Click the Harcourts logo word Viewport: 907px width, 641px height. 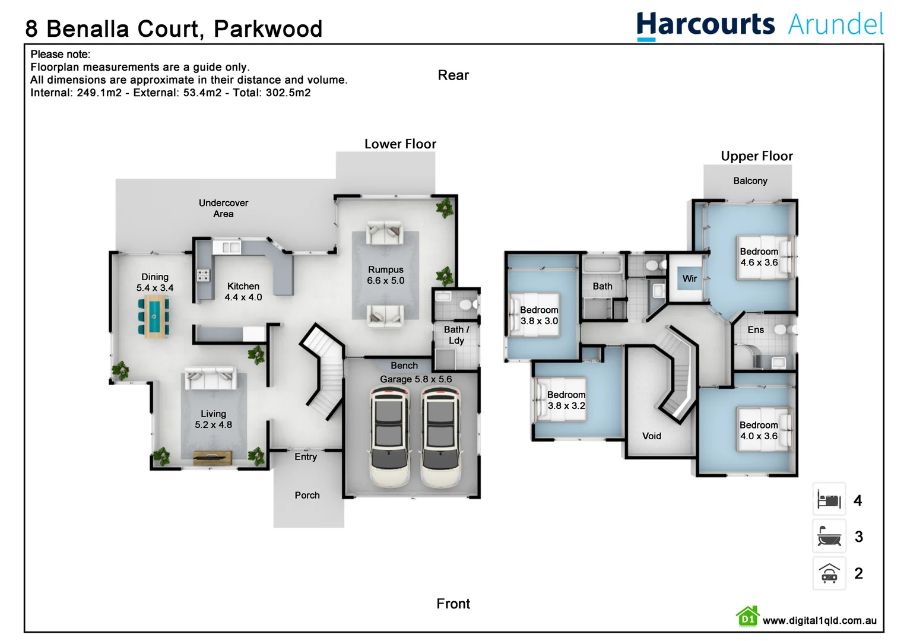705,25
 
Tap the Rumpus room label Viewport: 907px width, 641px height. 385,275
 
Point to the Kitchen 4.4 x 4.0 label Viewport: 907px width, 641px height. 243,291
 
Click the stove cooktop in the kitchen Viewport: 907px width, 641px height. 203,275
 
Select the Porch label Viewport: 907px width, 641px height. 307,495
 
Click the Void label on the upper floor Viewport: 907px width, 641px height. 651,436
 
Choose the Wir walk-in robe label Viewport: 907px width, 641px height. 689,278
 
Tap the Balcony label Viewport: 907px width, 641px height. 750,180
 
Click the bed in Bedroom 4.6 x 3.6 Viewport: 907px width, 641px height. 766,256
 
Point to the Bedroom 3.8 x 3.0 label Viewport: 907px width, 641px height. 539,315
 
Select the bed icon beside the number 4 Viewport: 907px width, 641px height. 829,500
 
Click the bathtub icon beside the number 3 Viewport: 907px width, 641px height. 829,537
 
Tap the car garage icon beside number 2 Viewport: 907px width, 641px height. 829,573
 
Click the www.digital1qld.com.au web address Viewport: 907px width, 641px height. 819,620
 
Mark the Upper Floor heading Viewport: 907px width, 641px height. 756,156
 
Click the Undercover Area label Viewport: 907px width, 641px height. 223,208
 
